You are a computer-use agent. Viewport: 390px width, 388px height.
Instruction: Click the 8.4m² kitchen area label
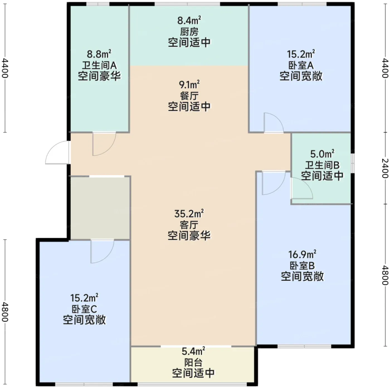pyautogui.click(x=189, y=21)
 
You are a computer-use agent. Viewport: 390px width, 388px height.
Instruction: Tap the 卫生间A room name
pyautogui.click(x=99, y=65)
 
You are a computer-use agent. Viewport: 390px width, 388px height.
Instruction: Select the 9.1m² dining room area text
pyautogui.click(x=189, y=85)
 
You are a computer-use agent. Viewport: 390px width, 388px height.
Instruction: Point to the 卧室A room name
pyautogui.click(x=301, y=65)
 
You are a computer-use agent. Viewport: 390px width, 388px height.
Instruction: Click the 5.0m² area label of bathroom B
pyautogui.click(x=322, y=154)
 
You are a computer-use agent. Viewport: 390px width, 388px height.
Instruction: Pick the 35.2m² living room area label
pyautogui.click(x=189, y=214)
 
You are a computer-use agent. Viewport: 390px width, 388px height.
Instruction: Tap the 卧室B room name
pyautogui.click(x=302, y=266)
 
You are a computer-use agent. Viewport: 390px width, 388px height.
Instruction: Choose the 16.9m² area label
pyautogui.click(x=302, y=254)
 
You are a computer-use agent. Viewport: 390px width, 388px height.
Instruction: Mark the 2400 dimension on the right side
pyautogui.click(x=385, y=168)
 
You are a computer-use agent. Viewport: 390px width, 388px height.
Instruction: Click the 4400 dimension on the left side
pyautogui.click(x=5, y=68)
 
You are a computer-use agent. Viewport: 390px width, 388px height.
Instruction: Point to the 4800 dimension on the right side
pyautogui.click(x=385, y=275)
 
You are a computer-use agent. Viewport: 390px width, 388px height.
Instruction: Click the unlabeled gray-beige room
pyautogui.click(x=100, y=208)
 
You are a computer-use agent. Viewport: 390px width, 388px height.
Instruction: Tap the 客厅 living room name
pyautogui.click(x=189, y=225)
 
